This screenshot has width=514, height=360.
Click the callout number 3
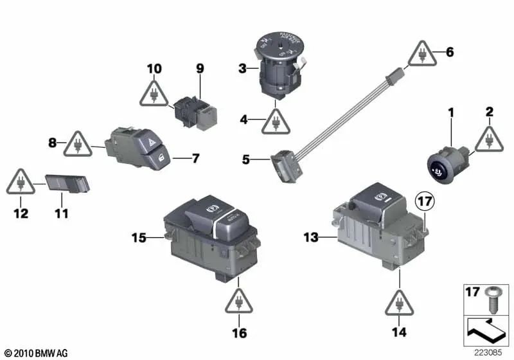coord(242,67)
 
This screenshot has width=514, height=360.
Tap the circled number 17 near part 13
coord(424,203)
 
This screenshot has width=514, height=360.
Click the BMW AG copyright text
coord(31,354)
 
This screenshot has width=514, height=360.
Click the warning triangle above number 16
coord(238,300)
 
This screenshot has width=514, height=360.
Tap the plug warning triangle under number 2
coord(488,139)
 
